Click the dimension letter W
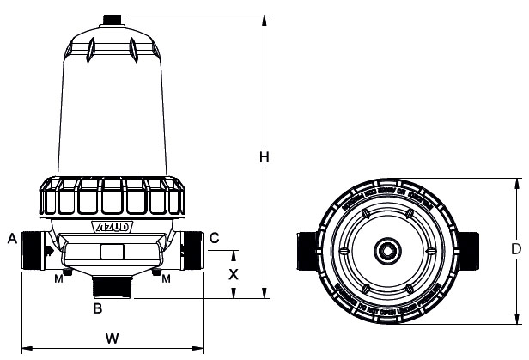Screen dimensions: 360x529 coord(112,338)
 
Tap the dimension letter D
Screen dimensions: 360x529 coord(515,250)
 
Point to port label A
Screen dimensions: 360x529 coord(12,237)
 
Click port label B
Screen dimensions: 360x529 coord(98,307)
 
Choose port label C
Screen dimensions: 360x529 coord(215,237)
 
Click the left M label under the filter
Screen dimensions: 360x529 coord(58,278)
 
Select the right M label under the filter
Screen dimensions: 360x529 coord(165,278)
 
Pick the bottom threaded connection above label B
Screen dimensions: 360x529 coord(111,287)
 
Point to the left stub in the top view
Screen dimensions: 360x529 coord(303,250)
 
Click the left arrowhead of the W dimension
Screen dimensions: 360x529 coord(24,348)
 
